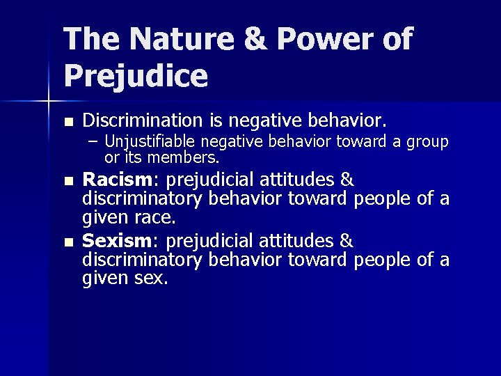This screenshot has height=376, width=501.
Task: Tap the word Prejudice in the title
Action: click(x=136, y=76)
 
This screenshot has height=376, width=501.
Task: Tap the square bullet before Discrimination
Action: click(x=67, y=120)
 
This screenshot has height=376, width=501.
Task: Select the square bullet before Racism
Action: click(x=67, y=181)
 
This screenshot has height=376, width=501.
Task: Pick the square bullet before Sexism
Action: click(x=67, y=243)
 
